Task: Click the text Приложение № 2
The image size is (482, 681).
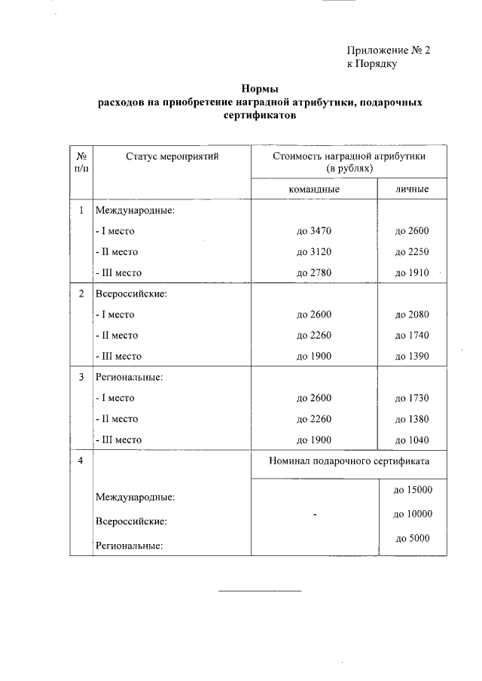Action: (x=388, y=50)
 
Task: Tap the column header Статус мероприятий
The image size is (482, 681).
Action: (x=172, y=157)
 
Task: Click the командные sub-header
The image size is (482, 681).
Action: (x=314, y=190)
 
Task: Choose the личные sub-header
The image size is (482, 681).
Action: (x=412, y=190)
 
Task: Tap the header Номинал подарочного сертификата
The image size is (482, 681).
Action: (x=349, y=461)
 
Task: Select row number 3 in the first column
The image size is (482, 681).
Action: (x=81, y=376)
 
